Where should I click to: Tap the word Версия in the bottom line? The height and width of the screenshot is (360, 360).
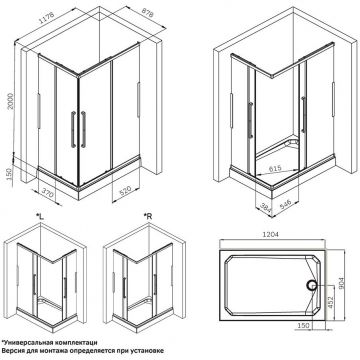(17, 351)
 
